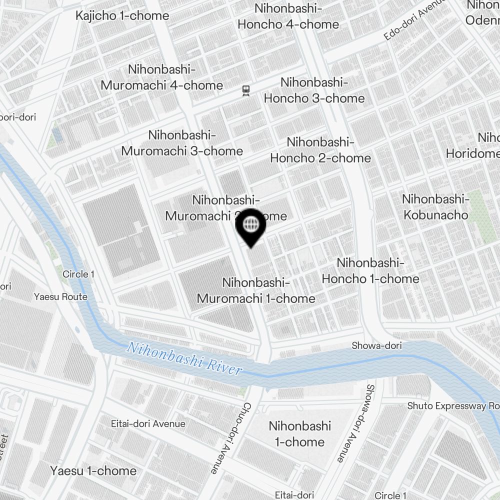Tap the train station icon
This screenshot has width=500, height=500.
click(x=245, y=90)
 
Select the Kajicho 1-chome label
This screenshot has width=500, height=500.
click(x=122, y=16)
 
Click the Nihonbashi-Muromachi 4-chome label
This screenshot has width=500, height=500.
click(x=162, y=77)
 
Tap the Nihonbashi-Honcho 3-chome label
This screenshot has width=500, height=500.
click(x=314, y=90)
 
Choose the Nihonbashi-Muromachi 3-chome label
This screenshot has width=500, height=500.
click(x=182, y=143)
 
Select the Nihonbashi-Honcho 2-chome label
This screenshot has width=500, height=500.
click(x=320, y=150)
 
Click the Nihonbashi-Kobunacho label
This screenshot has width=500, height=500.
click(x=435, y=207)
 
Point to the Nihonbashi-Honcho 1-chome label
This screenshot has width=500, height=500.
click(x=370, y=270)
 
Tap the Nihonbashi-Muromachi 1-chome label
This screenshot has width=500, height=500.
click(x=256, y=290)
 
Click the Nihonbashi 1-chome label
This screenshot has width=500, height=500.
click(x=300, y=434)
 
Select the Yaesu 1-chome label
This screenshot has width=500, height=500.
click(x=93, y=470)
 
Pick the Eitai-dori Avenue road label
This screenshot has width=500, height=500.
click(x=148, y=424)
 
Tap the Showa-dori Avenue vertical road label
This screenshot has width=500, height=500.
click(x=355, y=423)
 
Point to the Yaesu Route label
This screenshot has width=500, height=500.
click(x=60, y=296)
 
